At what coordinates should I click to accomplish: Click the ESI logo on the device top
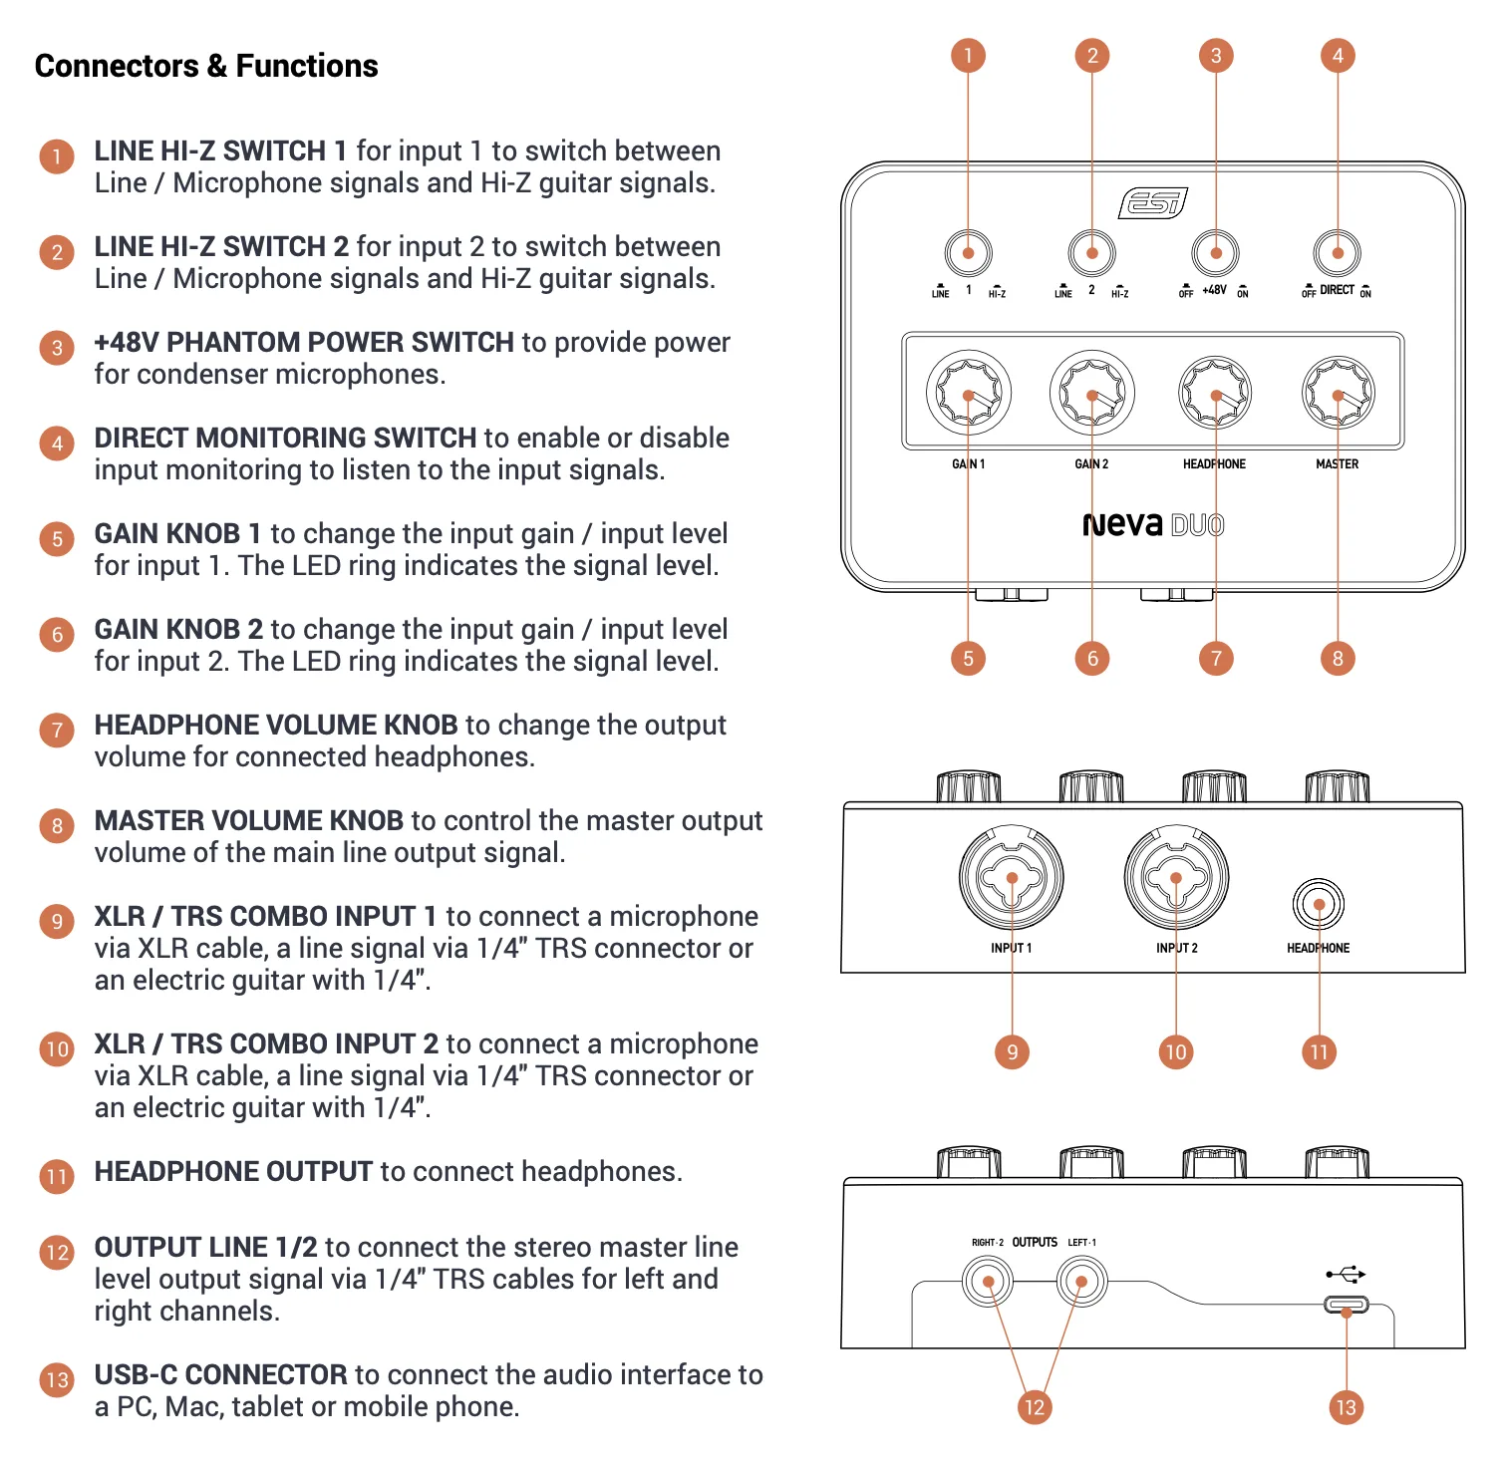(x=1153, y=203)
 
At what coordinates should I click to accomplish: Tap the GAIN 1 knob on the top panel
(x=968, y=394)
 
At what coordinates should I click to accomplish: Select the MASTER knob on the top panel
(x=1338, y=394)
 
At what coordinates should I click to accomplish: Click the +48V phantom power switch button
(x=1215, y=253)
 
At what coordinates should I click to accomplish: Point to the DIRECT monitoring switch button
(x=1338, y=253)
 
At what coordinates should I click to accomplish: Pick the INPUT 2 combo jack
(x=1176, y=878)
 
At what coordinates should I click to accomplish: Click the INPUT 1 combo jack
(x=1012, y=878)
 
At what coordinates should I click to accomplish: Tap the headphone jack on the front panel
(x=1319, y=905)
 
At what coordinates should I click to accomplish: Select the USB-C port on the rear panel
(x=1347, y=1305)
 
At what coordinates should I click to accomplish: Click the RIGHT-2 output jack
(x=988, y=1282)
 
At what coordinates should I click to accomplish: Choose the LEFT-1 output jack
(x=1081, y=1282)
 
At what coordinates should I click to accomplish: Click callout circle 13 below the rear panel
(x=1347, y=1407)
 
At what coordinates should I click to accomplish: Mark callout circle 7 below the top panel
(x=1216, y=658)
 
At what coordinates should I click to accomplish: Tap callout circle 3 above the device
(x=1216, y=55)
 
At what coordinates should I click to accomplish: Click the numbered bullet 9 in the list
(x=57, y=922)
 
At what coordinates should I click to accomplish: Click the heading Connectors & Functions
(x=206, y=66)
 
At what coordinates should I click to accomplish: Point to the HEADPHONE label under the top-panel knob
(x=1214, y=464)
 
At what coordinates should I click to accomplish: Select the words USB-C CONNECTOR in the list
(x=220, y=1374)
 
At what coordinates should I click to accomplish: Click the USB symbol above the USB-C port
(x=1346, y=1274)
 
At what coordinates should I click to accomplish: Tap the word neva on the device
(x=1122, y=524)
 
